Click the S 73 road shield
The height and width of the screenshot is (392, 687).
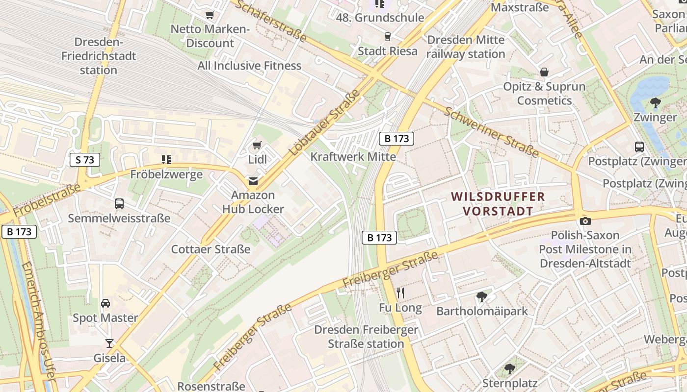(85, 160)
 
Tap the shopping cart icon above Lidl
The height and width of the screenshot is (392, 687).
(257, 145)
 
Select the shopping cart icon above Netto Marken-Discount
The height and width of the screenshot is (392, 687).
(210, 15)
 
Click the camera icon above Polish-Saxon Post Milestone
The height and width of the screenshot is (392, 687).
(585, 221)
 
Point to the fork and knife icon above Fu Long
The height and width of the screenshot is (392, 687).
(400, 293)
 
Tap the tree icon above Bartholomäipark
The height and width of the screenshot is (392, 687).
(481, 296)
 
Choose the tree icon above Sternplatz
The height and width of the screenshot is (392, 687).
(510, 368)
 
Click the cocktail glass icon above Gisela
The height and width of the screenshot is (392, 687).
(109, 343)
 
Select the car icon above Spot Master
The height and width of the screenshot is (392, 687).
(106, 303)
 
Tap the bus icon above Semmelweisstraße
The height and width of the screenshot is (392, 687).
(119, 204)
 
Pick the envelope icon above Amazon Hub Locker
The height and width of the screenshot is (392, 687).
(253, 181)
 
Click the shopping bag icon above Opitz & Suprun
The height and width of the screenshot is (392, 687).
(544, 73)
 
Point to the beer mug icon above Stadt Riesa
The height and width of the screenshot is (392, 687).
(387, 37)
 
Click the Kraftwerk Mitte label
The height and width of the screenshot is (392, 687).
(353, 157)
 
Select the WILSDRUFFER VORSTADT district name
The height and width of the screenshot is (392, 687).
(498, 204)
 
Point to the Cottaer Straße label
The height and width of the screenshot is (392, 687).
(211, 249)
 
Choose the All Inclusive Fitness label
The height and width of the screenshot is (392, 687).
(249, 66)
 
